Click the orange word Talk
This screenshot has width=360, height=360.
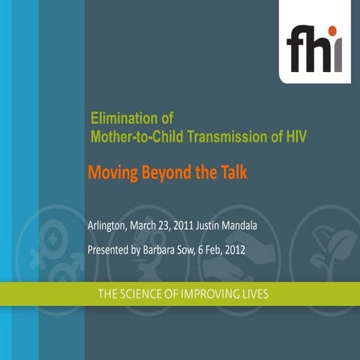tap(232, 172)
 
